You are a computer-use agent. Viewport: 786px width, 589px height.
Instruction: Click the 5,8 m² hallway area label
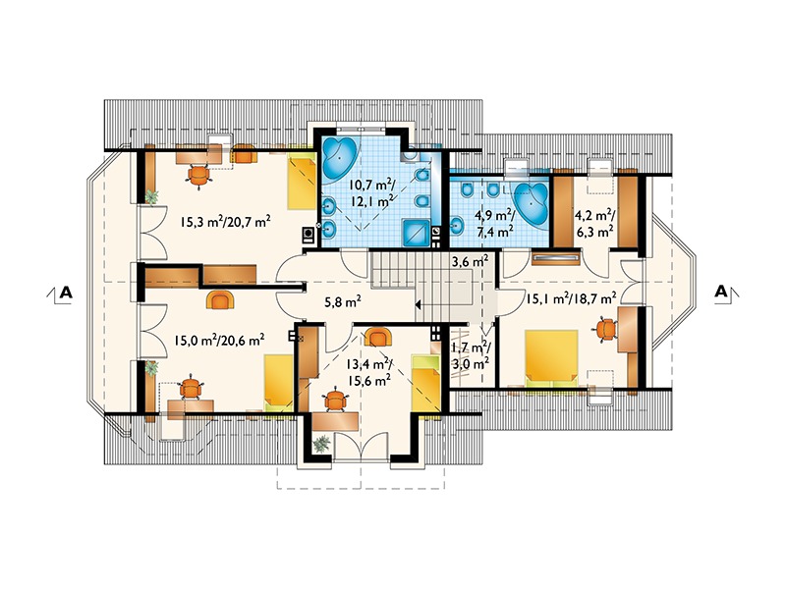(x=343, y=301)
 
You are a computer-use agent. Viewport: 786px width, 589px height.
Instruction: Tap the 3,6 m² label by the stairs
(x=471, y=261)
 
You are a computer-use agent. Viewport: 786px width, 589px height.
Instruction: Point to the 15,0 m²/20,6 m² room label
(x=219, y=341)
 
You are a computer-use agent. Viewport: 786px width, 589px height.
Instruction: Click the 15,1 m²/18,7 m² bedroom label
(x=571, y=299)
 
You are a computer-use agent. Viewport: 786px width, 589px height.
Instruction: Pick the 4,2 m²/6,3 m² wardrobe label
(x=594, y=224)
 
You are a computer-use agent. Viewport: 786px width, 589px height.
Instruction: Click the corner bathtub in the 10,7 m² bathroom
(x=339, y=158)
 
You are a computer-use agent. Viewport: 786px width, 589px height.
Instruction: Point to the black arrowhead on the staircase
(x=417, y=303)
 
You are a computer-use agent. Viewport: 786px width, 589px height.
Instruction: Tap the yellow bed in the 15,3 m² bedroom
(x=302, y=182)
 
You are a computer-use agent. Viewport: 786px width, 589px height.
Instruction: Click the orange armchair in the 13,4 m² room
(x=378, y=337)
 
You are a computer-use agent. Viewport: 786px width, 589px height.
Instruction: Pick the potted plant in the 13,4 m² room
(x=321, y=444)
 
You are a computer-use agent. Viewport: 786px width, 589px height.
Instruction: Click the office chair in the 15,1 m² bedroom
(x=606, y=329)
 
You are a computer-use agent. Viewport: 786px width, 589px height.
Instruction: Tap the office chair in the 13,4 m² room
(x=335, y=400)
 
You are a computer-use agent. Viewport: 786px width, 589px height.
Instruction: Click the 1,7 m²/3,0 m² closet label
(x=471, y=354)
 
